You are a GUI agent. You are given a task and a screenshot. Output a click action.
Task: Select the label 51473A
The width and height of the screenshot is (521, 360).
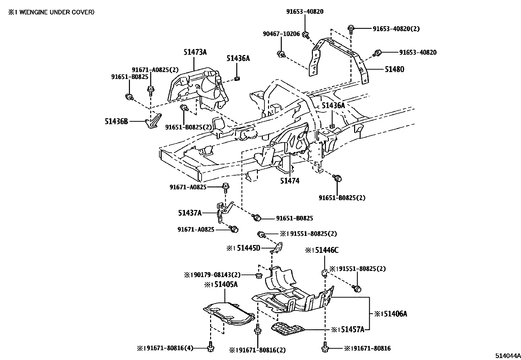[195, 52]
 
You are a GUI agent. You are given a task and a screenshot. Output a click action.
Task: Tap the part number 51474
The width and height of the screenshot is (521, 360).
[290, 180]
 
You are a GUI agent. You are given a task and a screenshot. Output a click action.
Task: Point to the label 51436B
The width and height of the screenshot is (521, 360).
[116, 121]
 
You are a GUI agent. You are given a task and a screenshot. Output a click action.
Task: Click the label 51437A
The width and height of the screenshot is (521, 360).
[190, 213]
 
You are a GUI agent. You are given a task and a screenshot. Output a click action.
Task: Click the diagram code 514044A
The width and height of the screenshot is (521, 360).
[507, 356]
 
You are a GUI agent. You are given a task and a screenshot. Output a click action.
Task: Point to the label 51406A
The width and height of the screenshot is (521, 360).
[395, 314]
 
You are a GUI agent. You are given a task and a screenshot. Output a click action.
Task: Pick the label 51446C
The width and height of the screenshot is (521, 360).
[325, 250]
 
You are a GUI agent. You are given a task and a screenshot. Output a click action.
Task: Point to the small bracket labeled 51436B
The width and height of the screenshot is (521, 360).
[154, 122]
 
